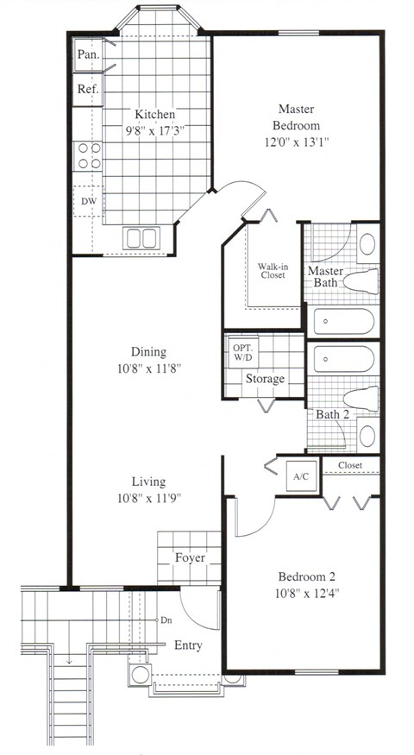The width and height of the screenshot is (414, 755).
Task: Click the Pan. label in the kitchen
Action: tap(87, 54)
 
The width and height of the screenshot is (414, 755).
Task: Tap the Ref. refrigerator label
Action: tap(87, 89)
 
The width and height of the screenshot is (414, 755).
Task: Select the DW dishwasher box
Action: tap(88, 201)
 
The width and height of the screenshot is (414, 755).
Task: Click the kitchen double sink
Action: tap(142, 237)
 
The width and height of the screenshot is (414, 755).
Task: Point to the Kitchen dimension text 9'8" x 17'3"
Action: tap(155, 130)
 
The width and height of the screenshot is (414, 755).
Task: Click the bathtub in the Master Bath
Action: tap(343, 323)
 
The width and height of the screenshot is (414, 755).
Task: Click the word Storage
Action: tap(265, 379)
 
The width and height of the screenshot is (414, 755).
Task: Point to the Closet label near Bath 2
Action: tap(350, 466)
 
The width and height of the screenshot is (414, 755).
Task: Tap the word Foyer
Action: tap(189, 557)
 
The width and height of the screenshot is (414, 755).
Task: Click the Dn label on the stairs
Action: tap(165, 620)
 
